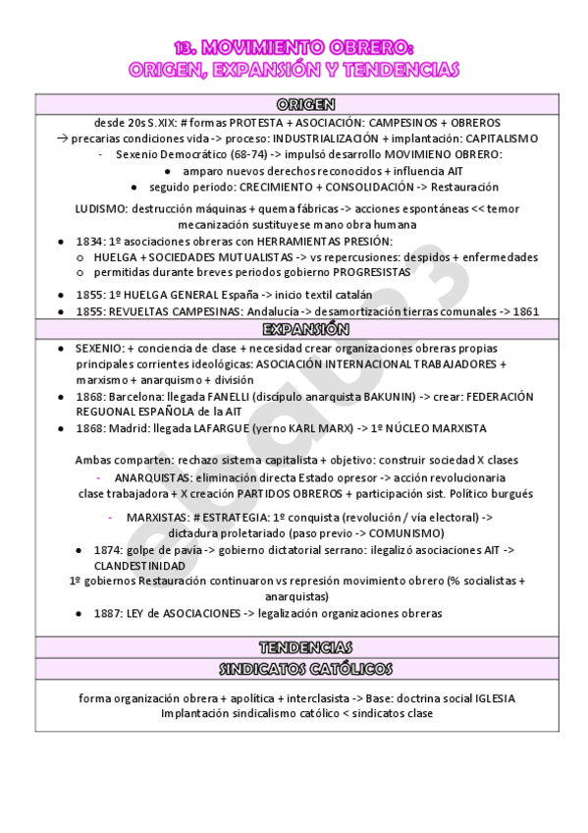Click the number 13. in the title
(x=186, y=49)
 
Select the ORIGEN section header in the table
(x=305, y=105)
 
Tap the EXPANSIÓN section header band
(x=305, y=329)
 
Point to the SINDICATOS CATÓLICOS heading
(x=305, y=669)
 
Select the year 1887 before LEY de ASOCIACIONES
(x=109, y=614)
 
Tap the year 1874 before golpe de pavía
(x=109, y=550)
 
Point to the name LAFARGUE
(x=225, y=429)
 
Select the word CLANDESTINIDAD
(x=139, y=567)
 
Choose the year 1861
(x=525, y=311)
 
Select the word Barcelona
(x=137, y=397)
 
